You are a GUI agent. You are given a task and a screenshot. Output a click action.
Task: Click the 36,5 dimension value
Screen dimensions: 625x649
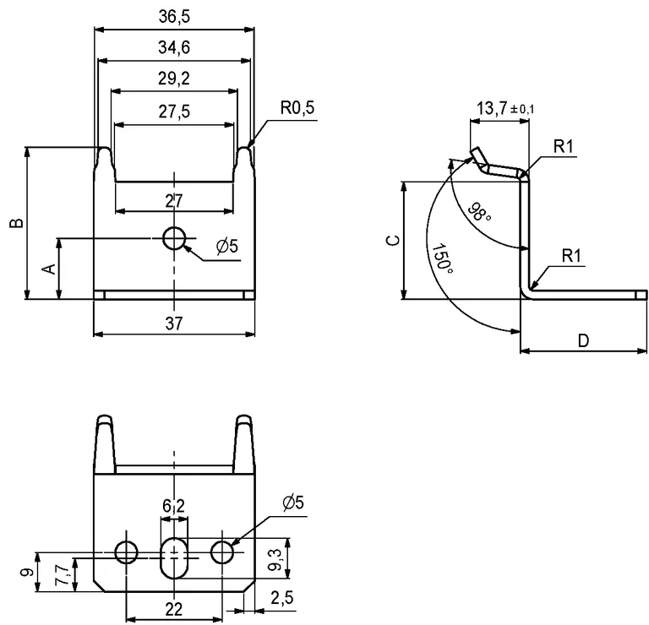[174, 16]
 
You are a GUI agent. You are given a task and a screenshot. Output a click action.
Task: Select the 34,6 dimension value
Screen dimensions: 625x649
[174, 48]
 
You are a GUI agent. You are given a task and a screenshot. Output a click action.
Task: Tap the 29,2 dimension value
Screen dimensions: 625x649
[174, 79]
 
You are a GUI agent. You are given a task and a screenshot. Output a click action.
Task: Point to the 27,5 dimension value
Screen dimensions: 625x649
[174, 111]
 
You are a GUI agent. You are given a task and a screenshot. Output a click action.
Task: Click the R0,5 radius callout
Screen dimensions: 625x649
[297, 109]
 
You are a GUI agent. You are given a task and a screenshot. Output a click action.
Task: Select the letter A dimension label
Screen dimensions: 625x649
[48, 269]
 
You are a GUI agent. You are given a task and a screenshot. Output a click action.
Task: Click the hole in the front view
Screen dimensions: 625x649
[175, 239]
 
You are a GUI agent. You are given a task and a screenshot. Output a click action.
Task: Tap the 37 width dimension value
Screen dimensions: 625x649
[173, 322]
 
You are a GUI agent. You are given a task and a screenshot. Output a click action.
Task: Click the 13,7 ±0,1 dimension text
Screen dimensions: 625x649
[504, 108]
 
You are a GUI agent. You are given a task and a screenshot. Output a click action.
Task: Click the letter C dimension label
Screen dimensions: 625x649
[392, 240]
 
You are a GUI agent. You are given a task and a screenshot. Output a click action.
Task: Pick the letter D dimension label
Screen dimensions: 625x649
[583, 340]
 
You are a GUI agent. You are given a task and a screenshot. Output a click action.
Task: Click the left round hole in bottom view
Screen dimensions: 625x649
[128, 553]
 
